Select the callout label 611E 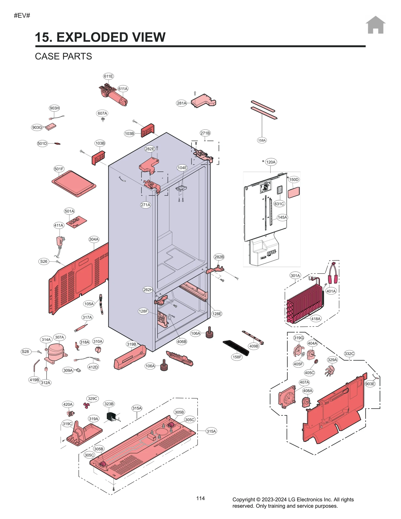coord(108,76)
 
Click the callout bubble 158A coord(262,140)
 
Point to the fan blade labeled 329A coord(330,371)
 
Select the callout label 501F coord(59,169)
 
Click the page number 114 coord(200,498)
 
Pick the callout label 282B coord(219,257)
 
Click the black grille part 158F coord(236,348)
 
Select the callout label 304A coord(94,239)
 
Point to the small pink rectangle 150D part coord(293,192)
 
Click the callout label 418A coord(316,319)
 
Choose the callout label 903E coord(370,384)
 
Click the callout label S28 coord(25,352)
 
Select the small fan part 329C coord(86,405)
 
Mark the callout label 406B coord(181,342)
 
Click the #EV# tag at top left coord(22,16)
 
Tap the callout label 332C coord(349,354)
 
